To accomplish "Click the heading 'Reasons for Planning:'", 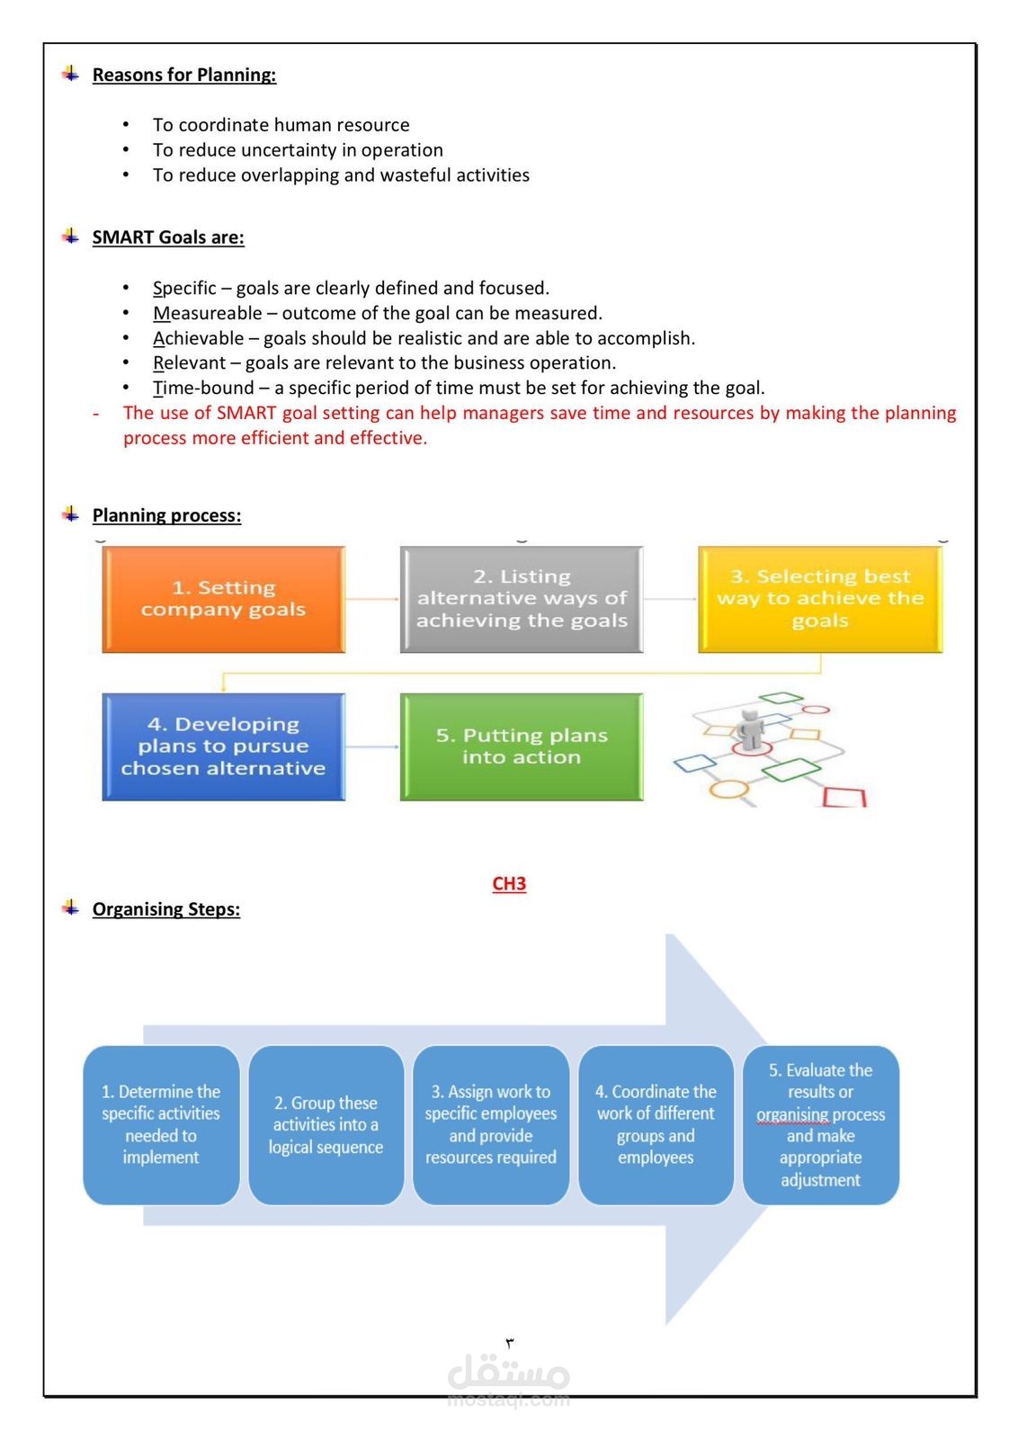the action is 184,75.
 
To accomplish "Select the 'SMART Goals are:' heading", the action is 168,237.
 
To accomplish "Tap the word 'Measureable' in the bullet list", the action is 208,313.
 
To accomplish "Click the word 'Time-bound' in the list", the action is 203,388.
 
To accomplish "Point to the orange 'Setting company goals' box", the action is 224,599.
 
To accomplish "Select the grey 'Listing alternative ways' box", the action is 522,599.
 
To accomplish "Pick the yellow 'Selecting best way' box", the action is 820,599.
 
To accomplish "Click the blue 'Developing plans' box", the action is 224,746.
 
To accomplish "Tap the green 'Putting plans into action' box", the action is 522,746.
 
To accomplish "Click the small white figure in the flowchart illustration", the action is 750,729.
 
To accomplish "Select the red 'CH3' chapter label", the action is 509,883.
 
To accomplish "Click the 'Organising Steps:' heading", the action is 166,909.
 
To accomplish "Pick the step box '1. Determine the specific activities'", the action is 161,1124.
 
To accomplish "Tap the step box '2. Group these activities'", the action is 326,1124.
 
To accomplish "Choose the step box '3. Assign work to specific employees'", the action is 491,1124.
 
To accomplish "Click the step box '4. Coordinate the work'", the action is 656,1124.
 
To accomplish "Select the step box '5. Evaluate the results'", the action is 821,1124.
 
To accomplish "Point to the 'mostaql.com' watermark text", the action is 509,1400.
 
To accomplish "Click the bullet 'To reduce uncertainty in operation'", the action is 298,149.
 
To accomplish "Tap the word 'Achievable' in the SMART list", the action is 199,338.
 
